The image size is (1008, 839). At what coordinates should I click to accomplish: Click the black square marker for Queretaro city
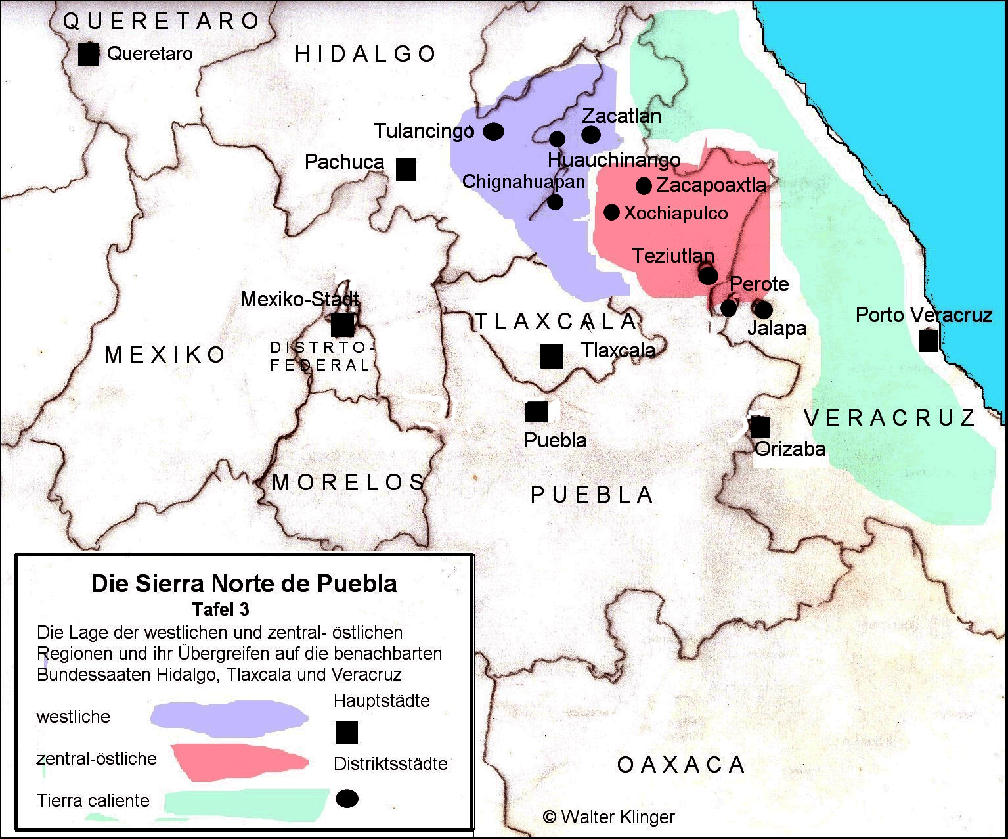click(89, 54)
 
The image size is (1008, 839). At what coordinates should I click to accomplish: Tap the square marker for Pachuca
click(406, 169)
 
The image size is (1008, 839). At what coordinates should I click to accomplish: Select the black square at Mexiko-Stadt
click(342, 325)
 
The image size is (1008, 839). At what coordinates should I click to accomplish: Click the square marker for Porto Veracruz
click(929, 340)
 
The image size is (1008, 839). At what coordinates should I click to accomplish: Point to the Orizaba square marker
click(760, 426)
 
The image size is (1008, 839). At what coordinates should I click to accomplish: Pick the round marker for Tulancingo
click(494, 131)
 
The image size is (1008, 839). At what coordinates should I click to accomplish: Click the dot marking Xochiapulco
click(611, 212)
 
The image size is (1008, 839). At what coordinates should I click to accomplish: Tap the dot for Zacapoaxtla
click(644, 186)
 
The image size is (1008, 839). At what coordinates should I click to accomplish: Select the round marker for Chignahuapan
click(555, 202)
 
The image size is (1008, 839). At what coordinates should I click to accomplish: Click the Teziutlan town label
click(673, 256)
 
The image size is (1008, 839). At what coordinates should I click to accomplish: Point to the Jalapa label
click(777, 328)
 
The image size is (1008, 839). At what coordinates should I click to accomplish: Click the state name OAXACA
click(681, 765)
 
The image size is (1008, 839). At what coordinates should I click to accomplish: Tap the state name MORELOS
click(349, 482)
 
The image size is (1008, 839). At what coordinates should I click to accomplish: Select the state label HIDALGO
click(366, 54)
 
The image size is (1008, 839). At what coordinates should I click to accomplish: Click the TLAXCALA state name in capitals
click(556, 321)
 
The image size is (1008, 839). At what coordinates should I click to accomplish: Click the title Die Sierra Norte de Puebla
click(244, 583)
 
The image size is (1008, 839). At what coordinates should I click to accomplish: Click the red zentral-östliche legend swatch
click(240, 761)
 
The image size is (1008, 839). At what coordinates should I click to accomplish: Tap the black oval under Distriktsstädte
click(347, 799)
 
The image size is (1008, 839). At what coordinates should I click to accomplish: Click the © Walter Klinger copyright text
click(609, 817)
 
